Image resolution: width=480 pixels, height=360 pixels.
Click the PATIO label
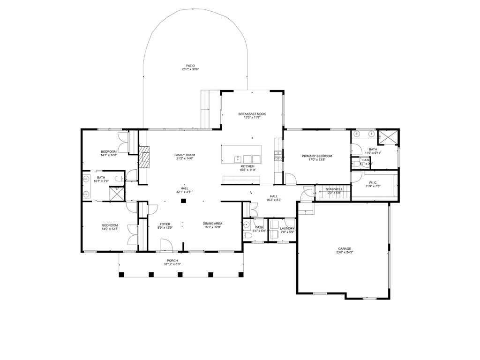point(190,66)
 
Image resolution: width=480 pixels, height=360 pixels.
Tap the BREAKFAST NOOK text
point(252,114)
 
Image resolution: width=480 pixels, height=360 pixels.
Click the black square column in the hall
point(184,201)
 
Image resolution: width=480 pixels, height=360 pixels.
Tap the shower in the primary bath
point(388,137)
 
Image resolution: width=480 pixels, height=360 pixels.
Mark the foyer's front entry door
point(165,245)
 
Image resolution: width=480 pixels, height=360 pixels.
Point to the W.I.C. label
point(373,182)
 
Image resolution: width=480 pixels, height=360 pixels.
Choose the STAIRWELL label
point(334,189)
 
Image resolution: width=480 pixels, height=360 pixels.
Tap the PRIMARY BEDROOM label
point(317,156)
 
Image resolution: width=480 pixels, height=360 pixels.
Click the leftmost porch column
point(121,274)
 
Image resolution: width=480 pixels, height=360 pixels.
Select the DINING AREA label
point(212,224)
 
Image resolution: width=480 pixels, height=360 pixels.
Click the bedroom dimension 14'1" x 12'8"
point(109,155)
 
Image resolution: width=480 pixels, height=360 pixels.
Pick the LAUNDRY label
point(287,228)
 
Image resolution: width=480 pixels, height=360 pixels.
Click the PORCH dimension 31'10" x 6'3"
point(172,264)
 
